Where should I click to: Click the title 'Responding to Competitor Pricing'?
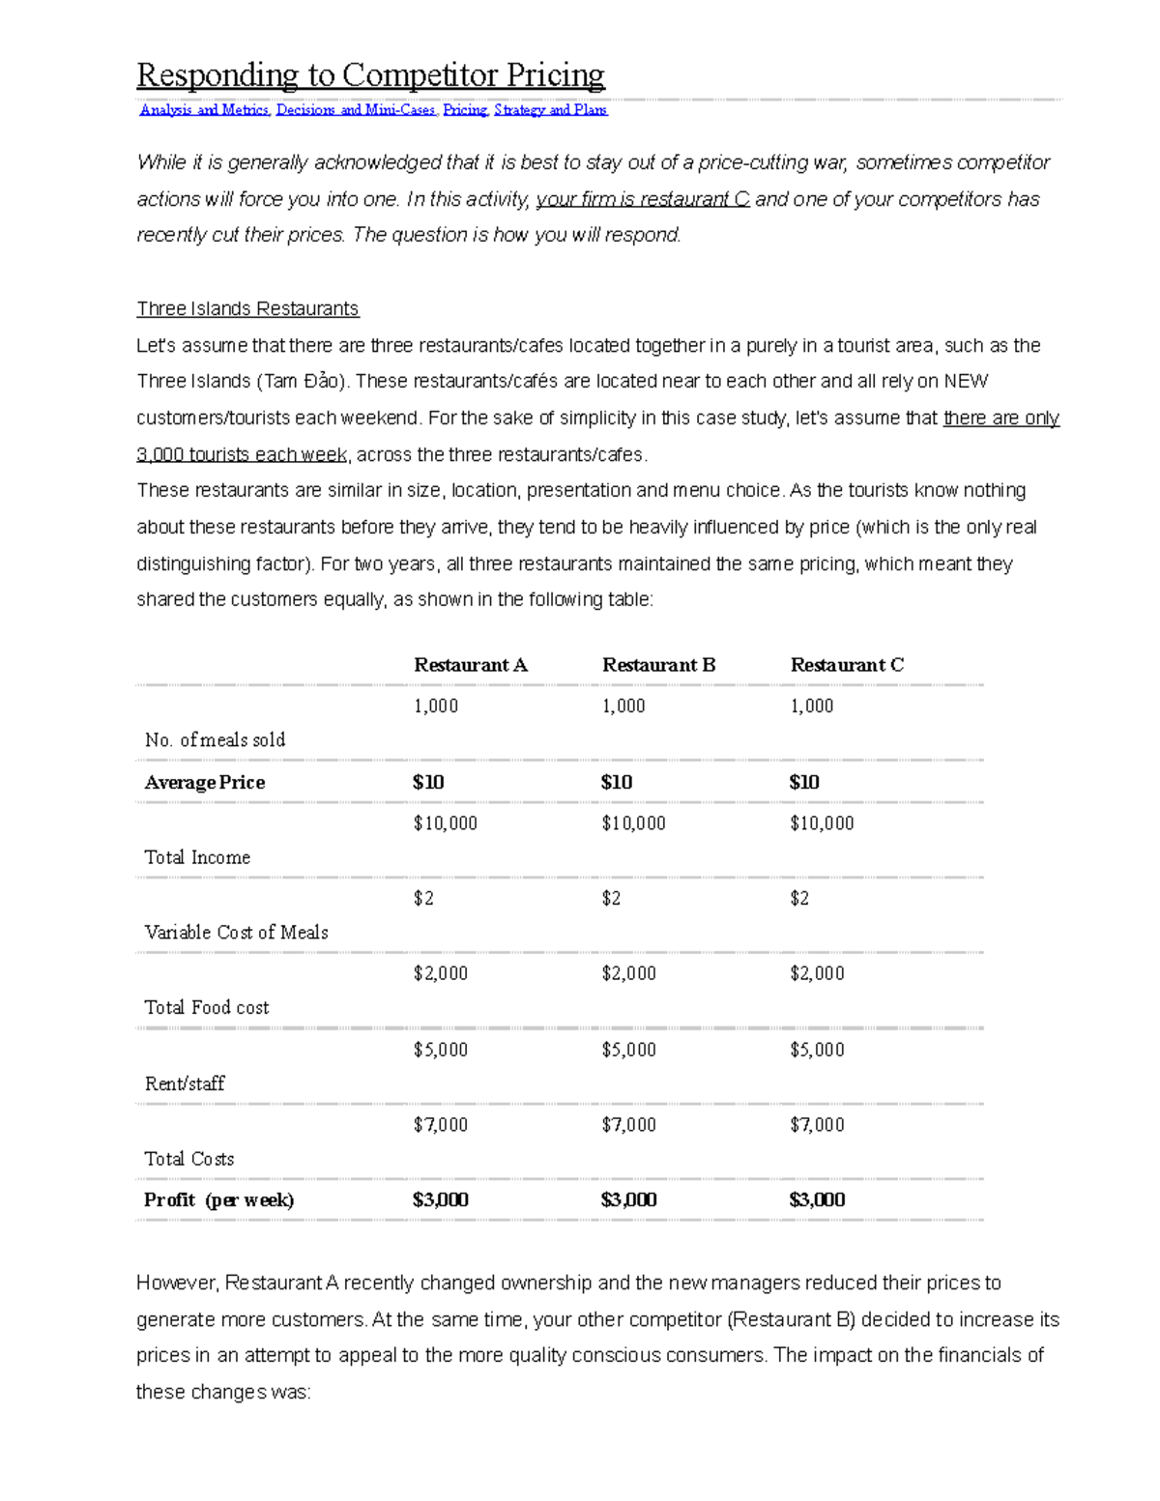[370, 74]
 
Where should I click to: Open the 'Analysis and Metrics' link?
[205, 110]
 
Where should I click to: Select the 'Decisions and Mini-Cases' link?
[356, 110]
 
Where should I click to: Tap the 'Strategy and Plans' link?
[550, 110]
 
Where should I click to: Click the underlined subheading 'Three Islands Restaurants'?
[247, 309]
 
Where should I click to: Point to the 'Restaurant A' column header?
[470, 665]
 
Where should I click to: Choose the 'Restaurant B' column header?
[658, 665]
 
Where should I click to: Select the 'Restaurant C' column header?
[847, 665]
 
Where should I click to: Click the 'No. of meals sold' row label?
[215, 740]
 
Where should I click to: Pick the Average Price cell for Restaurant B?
[617, 782]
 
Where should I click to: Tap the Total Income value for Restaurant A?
[445, 823]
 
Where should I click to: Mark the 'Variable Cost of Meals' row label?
[236, 933]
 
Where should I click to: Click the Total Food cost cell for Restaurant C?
[817, 973]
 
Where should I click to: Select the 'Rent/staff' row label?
[185, 1084]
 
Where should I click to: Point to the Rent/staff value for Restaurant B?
[628, 1050]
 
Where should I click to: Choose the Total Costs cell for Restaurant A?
[440, 1125]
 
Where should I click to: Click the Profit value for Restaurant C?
[817, 1200]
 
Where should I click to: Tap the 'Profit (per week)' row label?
[218, 1200]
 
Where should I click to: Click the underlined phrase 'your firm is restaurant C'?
[642, 200]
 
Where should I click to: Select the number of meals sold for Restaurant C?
[811, 707]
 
